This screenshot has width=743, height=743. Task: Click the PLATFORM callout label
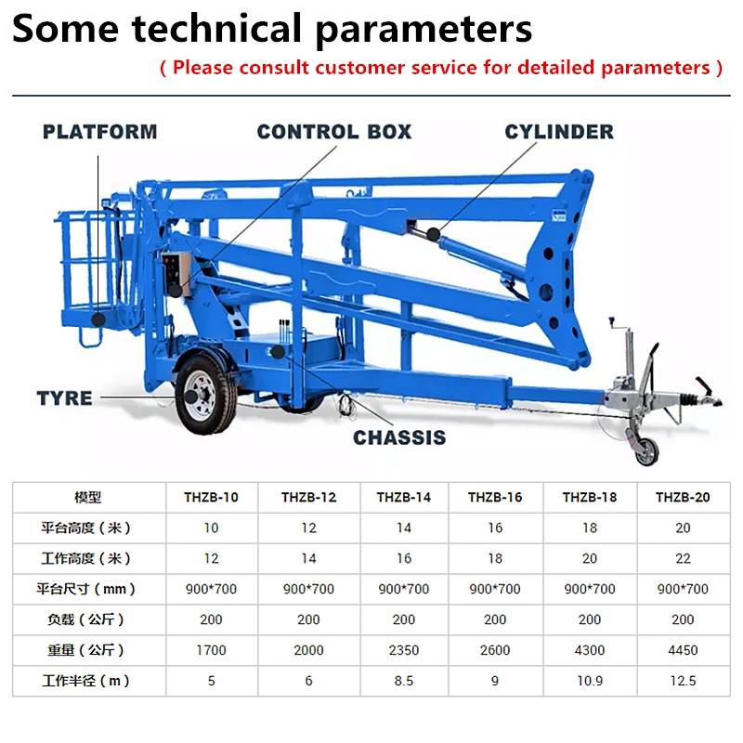click(x=100, y=132)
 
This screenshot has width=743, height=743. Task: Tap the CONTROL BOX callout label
click(x=334, y=132)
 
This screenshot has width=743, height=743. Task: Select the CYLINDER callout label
click(x=559, y=132)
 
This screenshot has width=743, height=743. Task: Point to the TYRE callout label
click(x=64, y=398)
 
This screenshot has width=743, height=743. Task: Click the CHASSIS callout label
click(x=399, y=437)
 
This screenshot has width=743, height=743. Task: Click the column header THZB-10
click(x=211, y=497)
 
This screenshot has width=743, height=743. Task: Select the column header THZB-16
click(x=495, y=497)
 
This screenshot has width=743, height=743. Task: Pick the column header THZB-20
click(x=683, y=497)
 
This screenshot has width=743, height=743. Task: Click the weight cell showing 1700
click(x=211, y=650)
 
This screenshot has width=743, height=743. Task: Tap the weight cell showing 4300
click(x=590, y=650)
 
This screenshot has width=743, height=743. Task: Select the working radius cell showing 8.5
click(x=404, y=681)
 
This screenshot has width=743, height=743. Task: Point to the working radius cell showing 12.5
click(x=683, y=681)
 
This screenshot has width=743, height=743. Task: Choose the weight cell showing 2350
click(x=404, y=650)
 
